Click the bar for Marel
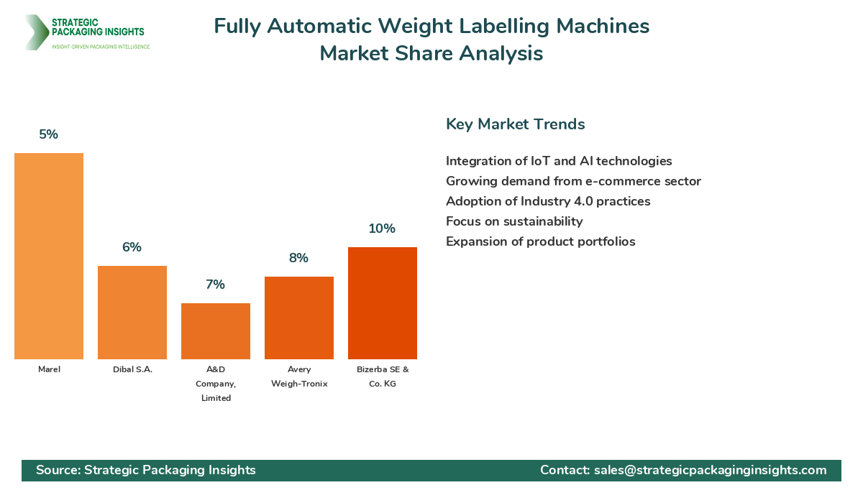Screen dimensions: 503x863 pos(49,256)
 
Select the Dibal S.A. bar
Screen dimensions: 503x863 pos(132,313)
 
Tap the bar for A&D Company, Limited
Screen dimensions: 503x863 pos(216,331)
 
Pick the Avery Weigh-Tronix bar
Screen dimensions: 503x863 pos(299,318)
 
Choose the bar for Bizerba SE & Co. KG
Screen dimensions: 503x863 pos(383,303)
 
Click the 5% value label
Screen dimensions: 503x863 pos(49,134)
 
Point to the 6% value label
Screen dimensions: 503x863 pos(132,247)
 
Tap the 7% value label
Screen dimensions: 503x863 pos(216,285)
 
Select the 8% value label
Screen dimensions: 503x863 pos(299,258)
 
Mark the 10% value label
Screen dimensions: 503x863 pos(383,229)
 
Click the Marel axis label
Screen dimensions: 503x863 pos(49,369)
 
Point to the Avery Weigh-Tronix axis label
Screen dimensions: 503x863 pos(299,377)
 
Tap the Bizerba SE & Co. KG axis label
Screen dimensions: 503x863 pos(383,377)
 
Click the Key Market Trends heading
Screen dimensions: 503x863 pos(515,124)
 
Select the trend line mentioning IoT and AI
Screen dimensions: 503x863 pos(559,161)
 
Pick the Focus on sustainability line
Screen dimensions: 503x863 pos(514,221)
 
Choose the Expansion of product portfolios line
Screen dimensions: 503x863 pos(540,241)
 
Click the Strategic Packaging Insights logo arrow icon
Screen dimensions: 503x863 pos(35,32)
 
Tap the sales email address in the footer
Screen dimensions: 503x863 pos(710,470)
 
